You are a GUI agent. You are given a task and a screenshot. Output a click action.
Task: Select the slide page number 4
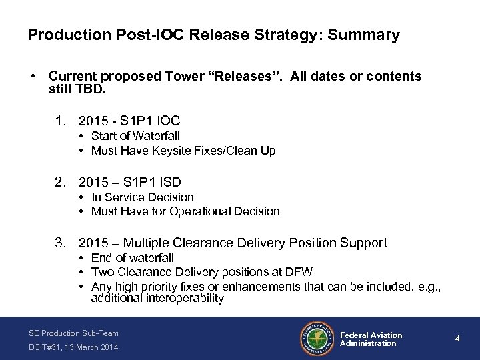coord(457,338)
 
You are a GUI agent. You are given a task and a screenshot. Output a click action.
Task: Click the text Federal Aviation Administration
coord(371,339)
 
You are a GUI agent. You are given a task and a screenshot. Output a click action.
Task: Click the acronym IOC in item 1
coord(166,121)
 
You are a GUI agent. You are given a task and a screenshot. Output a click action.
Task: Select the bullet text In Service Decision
coord(143,197)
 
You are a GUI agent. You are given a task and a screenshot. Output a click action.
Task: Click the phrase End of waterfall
coord(133,257)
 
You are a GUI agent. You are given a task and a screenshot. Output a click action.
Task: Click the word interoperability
coord(181,299)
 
